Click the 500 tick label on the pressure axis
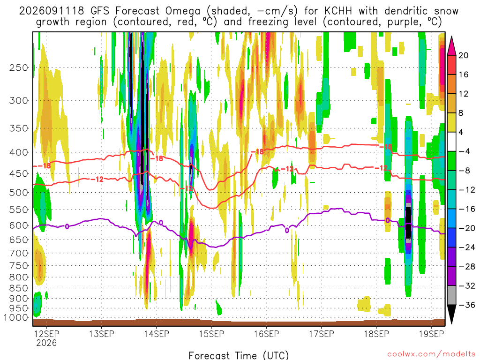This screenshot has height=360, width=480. [19, 193]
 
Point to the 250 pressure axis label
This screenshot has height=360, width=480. [19, 67]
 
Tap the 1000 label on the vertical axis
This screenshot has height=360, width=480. [16, 317]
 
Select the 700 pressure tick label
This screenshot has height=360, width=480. [19, 253]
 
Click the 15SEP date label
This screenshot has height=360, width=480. [211, 334]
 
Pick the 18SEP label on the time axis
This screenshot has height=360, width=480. [376, 334]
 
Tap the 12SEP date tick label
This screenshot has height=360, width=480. [46, 334]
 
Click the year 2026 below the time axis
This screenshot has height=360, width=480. [46, 343]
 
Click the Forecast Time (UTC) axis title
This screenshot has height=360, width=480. [239, 355]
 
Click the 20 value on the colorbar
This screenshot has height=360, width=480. [463, 55]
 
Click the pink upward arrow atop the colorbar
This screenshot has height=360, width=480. [451, 45]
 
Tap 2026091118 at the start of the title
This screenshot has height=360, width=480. [52, 11]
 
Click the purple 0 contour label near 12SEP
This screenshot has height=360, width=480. [67, 226]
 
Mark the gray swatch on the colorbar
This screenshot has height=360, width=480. [451, 295]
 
